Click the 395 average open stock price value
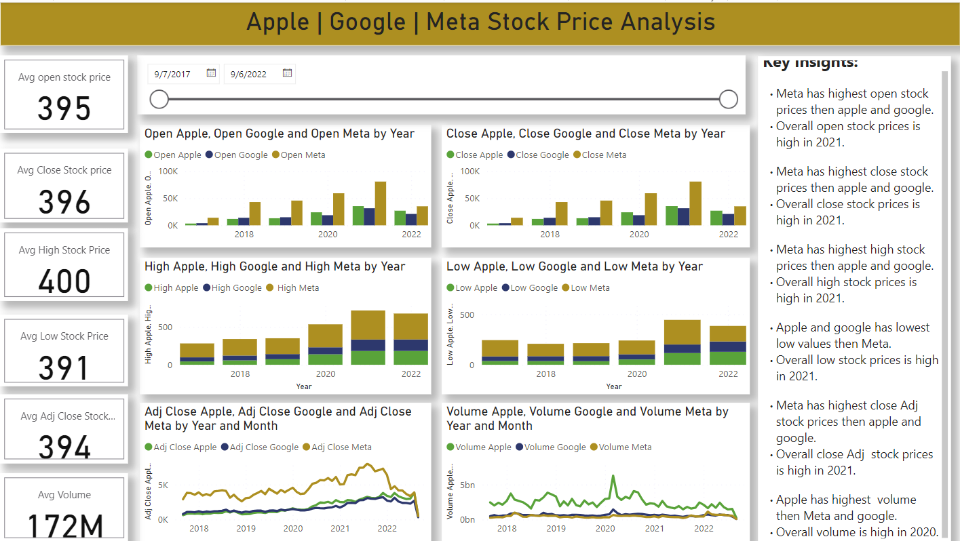pos(64,108)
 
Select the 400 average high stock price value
pos(64,281)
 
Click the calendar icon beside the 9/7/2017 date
pos(211,73)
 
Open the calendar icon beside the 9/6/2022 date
pos(287,73)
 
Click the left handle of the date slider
pos(159,100)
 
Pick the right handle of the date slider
pos(728,100)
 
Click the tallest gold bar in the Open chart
pos(380,203)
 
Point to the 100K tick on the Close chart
pos(469,172)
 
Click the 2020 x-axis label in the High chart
pos(326,374)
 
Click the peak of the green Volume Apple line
pos(613,476)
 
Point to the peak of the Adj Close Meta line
pos(367,464)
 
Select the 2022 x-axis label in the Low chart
pos(728,374)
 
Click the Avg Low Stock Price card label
pos(64,336)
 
